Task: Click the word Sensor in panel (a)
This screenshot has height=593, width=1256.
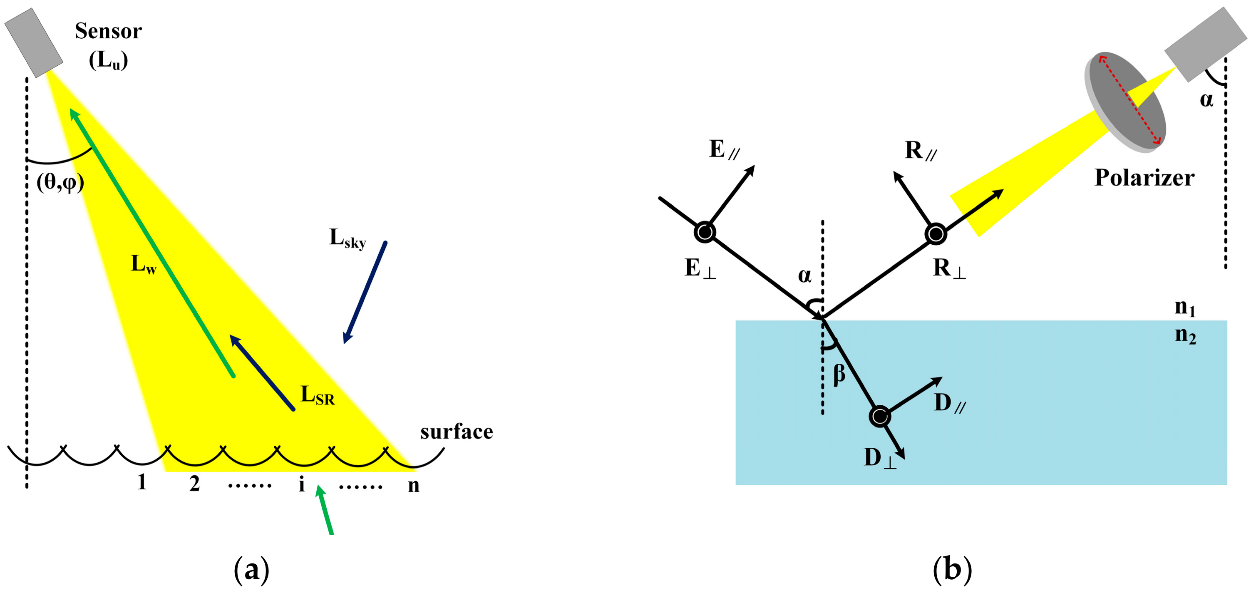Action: [108, 31]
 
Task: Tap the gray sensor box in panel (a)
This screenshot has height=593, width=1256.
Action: [34, 42]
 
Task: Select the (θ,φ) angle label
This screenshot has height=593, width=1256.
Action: [60, 183]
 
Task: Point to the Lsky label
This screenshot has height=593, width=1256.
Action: [347, 238]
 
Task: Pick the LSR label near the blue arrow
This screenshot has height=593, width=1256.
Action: [318, 395]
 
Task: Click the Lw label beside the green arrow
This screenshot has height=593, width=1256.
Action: [143, 264]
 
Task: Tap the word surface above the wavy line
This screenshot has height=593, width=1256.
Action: [457, 432]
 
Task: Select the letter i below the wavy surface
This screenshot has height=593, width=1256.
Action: [302, 484]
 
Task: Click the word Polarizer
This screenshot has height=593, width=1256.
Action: [1144, 178]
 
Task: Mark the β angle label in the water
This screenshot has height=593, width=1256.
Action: [839, 375]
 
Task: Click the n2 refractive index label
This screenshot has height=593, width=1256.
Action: [1185, 335]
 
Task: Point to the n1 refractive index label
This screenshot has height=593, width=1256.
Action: [1185, 308]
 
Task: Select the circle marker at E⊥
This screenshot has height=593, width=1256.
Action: [705, 232]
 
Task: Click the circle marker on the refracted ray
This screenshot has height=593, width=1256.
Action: [880, 417]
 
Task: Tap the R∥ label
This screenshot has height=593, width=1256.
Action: [920, 150]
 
